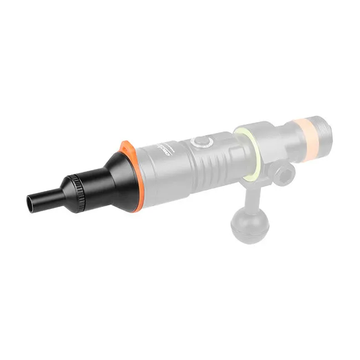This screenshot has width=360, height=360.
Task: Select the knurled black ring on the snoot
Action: click(74, 187)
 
